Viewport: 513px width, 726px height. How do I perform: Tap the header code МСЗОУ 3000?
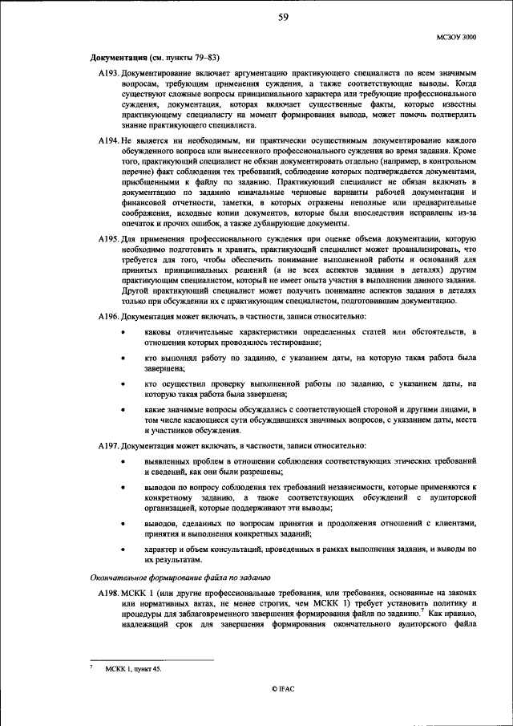coord(457,37)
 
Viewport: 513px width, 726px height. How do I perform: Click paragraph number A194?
coord(108,140)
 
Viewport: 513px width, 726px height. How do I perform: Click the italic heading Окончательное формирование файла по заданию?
coord(180,577)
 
